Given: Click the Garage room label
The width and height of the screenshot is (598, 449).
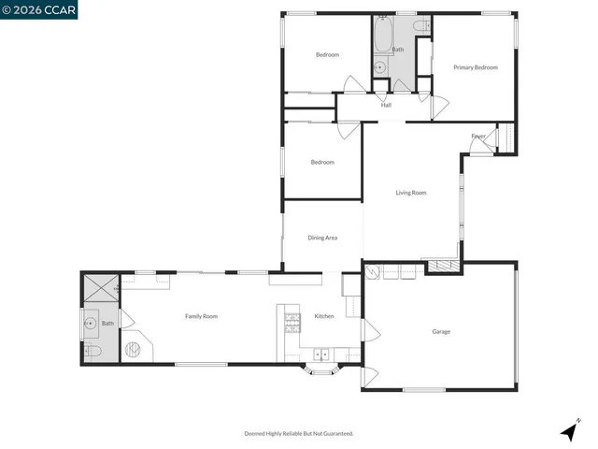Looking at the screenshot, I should click(x=441, y=332).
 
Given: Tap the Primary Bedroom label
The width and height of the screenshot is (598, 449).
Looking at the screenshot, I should click(x=475, y=67).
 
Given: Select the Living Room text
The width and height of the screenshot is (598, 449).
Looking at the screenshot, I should click(x=410, y=193).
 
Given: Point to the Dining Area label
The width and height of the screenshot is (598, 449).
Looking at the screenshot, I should click(x=321, y=238).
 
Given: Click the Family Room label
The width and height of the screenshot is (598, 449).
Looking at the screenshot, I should click(x=201, y=316).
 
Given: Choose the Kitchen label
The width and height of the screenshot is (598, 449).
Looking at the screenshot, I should click(x=323, y=316).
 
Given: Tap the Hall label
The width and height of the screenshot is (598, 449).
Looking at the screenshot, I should click(x=386, y=105).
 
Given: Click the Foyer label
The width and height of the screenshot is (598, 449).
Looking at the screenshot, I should click(x=477, y=137).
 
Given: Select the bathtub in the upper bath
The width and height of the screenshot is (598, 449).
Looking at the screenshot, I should click(x=383, y=36).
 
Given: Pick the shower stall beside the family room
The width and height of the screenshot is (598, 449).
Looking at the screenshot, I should click(x=99, y=288).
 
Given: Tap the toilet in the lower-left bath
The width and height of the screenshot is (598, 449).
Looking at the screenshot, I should click(x=92, y=352).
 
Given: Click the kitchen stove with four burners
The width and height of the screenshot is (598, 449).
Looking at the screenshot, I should click(x=292, y=323).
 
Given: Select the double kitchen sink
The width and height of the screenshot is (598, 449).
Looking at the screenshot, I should click(x=321, y=355).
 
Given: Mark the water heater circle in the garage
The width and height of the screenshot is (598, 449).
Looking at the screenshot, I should click(x=371, y=273).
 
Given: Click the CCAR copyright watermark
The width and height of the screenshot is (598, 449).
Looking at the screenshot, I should click(x=39, y=9).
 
